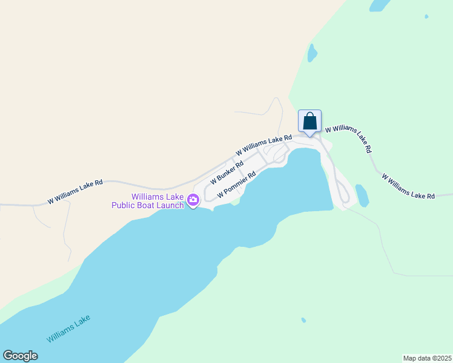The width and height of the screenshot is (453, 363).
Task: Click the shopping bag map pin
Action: (309, 121)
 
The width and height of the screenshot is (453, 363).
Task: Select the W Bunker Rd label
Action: (226, 172)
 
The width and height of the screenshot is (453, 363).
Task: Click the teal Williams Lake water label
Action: (68, 328)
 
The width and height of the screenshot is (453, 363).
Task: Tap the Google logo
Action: (21, 356)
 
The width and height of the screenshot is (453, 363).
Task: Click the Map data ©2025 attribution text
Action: (427, 358)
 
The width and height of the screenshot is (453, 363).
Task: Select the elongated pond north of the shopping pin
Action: (312, 53)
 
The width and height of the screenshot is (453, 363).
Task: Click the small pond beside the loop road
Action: (362, 195)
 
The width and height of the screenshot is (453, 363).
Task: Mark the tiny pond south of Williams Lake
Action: (303, 320)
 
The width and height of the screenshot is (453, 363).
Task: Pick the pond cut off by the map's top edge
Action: (380, 5)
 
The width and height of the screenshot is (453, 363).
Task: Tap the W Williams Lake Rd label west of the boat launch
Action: (76, 191)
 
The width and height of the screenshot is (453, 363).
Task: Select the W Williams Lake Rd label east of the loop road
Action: (408, 186)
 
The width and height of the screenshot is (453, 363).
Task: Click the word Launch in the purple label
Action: (168, 206)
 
